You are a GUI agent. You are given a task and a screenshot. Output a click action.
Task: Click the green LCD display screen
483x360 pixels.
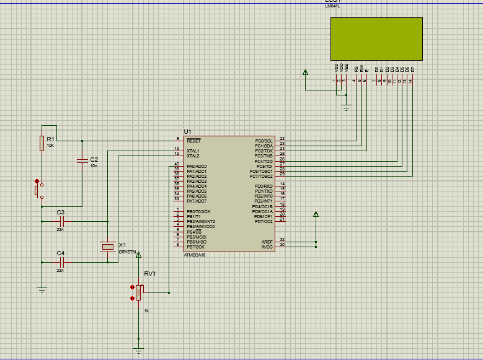[x=376, y=38]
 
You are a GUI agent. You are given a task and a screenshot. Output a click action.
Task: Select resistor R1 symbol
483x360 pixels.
[x=42, y=143]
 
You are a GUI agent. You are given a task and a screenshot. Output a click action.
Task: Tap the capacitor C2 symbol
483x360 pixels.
[x=81, y=162]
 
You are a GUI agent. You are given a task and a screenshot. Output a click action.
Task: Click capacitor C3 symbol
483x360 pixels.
[x=61, y=221]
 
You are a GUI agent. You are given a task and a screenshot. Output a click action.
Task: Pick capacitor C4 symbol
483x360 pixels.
[x=61, y=262]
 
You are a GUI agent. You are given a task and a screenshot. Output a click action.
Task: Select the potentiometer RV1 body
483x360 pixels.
[x=139, y=292]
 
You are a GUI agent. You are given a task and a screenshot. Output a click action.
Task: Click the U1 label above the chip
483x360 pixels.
[x=187, y=132]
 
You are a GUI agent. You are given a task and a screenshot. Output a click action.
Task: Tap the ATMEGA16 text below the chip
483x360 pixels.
[x=197, y=255]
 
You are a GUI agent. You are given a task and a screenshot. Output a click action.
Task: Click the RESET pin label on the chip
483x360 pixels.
[x=193, y=141]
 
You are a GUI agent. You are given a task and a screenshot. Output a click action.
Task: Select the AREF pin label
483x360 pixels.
[x=267, y=241]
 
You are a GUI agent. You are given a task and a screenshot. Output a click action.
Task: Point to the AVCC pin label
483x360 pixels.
[x=267, y=246]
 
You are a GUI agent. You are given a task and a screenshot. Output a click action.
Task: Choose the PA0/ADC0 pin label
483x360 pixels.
[x=197, y=166]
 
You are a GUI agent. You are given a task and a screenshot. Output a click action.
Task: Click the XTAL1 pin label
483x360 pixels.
[x=193, y=151]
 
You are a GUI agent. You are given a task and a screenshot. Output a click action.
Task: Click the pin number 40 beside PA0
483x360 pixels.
[x=177, y=164]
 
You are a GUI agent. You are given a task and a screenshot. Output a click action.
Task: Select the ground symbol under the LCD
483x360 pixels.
[x=346, y=108]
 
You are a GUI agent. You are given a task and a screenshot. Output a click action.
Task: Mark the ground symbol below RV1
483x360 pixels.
[x=138, y=350]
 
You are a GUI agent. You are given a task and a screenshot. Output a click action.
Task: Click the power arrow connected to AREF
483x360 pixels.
[x=316, y=215]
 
